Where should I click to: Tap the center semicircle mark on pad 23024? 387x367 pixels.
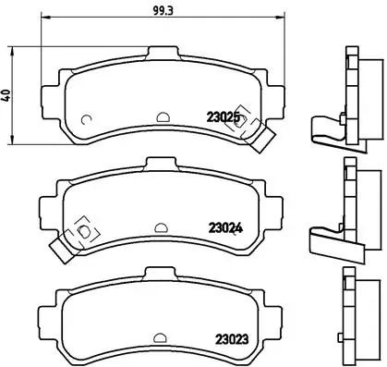pos(160,226)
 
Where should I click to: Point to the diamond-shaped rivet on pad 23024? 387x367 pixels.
pos(81,228)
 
